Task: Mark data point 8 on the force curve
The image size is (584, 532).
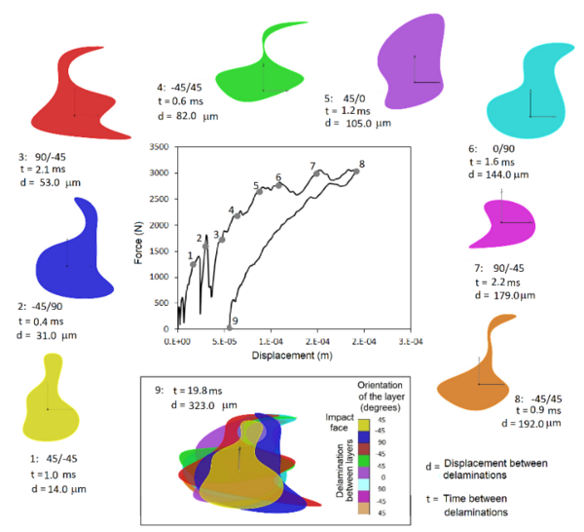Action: click(x=355, y=172)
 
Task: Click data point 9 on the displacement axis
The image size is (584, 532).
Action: click(x=230, y=328)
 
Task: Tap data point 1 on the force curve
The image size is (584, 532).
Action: click(x=194, y=263)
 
